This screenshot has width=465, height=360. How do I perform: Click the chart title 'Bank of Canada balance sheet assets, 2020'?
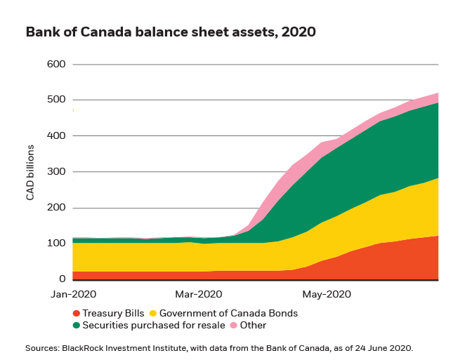tap(171, 32)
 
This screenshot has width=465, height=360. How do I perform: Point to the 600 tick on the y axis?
tap(55, 65)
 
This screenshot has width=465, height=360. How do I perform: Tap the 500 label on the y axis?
tap(55, 100)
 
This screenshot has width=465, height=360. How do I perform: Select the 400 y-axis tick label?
tap(55, 136)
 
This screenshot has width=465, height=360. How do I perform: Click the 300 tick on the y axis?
tap(55, 172)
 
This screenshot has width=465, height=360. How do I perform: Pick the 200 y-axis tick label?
tap(55, 208)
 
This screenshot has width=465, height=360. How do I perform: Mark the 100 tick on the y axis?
tap(55, 244)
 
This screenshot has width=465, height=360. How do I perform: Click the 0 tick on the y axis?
tap(62, 279)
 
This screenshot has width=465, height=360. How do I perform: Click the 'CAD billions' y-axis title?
tap(31, 173)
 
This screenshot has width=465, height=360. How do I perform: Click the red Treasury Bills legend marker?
tap(76, 313)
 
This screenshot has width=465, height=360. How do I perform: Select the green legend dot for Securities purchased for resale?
tap(76, 326)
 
